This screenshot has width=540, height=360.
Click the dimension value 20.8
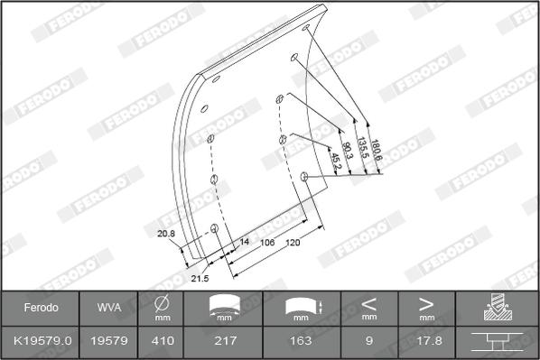[165, 235]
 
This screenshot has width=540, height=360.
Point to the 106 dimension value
[267, 244]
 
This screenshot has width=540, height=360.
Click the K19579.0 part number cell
[42, 341]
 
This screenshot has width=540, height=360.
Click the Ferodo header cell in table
[41, 308]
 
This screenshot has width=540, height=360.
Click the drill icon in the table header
[498, 308]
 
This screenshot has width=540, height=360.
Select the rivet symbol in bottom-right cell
[498, 341]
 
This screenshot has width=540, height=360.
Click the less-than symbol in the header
[369, 303]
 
